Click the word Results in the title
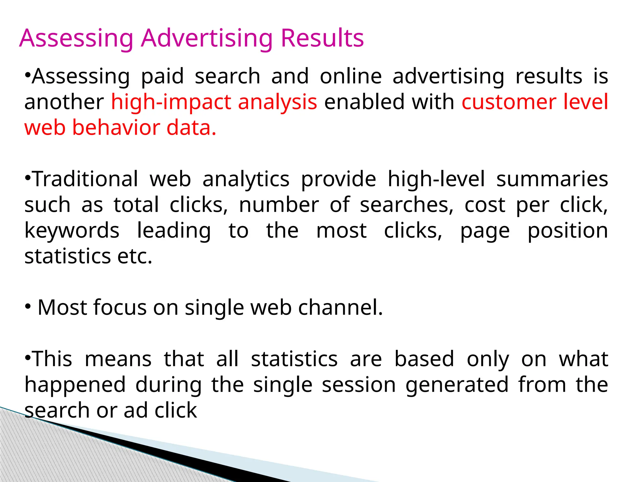pos(322,38)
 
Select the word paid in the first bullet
pos(162,77)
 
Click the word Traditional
pos(85,179)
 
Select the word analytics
pos(246,180)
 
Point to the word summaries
pos(552,179)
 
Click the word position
pos(568,231)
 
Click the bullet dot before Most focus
pos(28,306)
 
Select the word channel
pos(340,307)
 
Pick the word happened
pos(75,385)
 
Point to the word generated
pos(457,385)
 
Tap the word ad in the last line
pos(136,410)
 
